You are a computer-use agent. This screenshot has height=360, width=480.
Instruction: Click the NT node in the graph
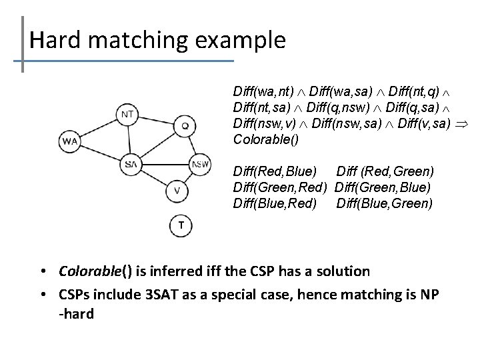pyautogui.click(x=129, y=114)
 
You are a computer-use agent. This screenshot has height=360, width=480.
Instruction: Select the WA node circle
pyautogui.click(x=70, y=141)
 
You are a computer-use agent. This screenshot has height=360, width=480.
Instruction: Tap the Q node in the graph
pyautogui.click(x=185, y=125)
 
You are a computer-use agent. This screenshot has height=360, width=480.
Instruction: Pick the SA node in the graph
pyautogui.click(x=131, y=163)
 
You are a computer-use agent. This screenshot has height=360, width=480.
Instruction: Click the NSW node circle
pyautogui.click(x=200, y=164)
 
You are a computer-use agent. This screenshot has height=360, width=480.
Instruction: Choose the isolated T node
pyautogui.click(x=181, y=226)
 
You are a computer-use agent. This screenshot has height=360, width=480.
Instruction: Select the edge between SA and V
pyautogui.click(x=155, y=178)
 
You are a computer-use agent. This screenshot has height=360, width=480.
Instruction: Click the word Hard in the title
pyautogui.click(x=55, y=41)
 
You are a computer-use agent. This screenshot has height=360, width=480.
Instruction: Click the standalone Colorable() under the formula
pyautogui.click(x=266, y=140)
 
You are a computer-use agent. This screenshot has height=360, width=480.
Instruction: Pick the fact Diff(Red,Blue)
pyautogui.click(x=275, y=173)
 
